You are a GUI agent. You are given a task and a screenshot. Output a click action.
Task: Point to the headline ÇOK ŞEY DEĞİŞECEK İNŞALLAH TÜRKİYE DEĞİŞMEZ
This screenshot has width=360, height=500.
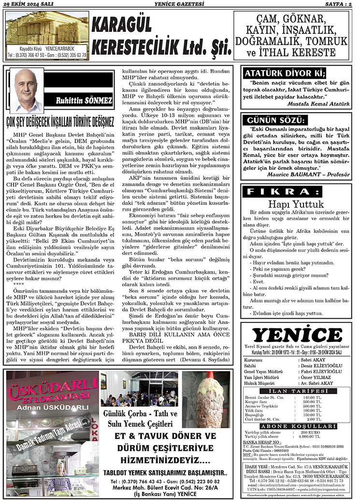click(61, 119)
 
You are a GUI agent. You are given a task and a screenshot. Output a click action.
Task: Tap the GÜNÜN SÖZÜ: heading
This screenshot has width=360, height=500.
click(276, 120)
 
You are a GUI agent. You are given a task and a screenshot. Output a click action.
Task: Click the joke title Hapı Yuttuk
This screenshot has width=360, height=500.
click(296, 204)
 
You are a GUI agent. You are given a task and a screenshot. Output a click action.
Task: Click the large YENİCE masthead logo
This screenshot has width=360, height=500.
click(297, 335)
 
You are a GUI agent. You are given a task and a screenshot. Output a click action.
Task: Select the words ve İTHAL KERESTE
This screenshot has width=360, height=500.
click(297, 52)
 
